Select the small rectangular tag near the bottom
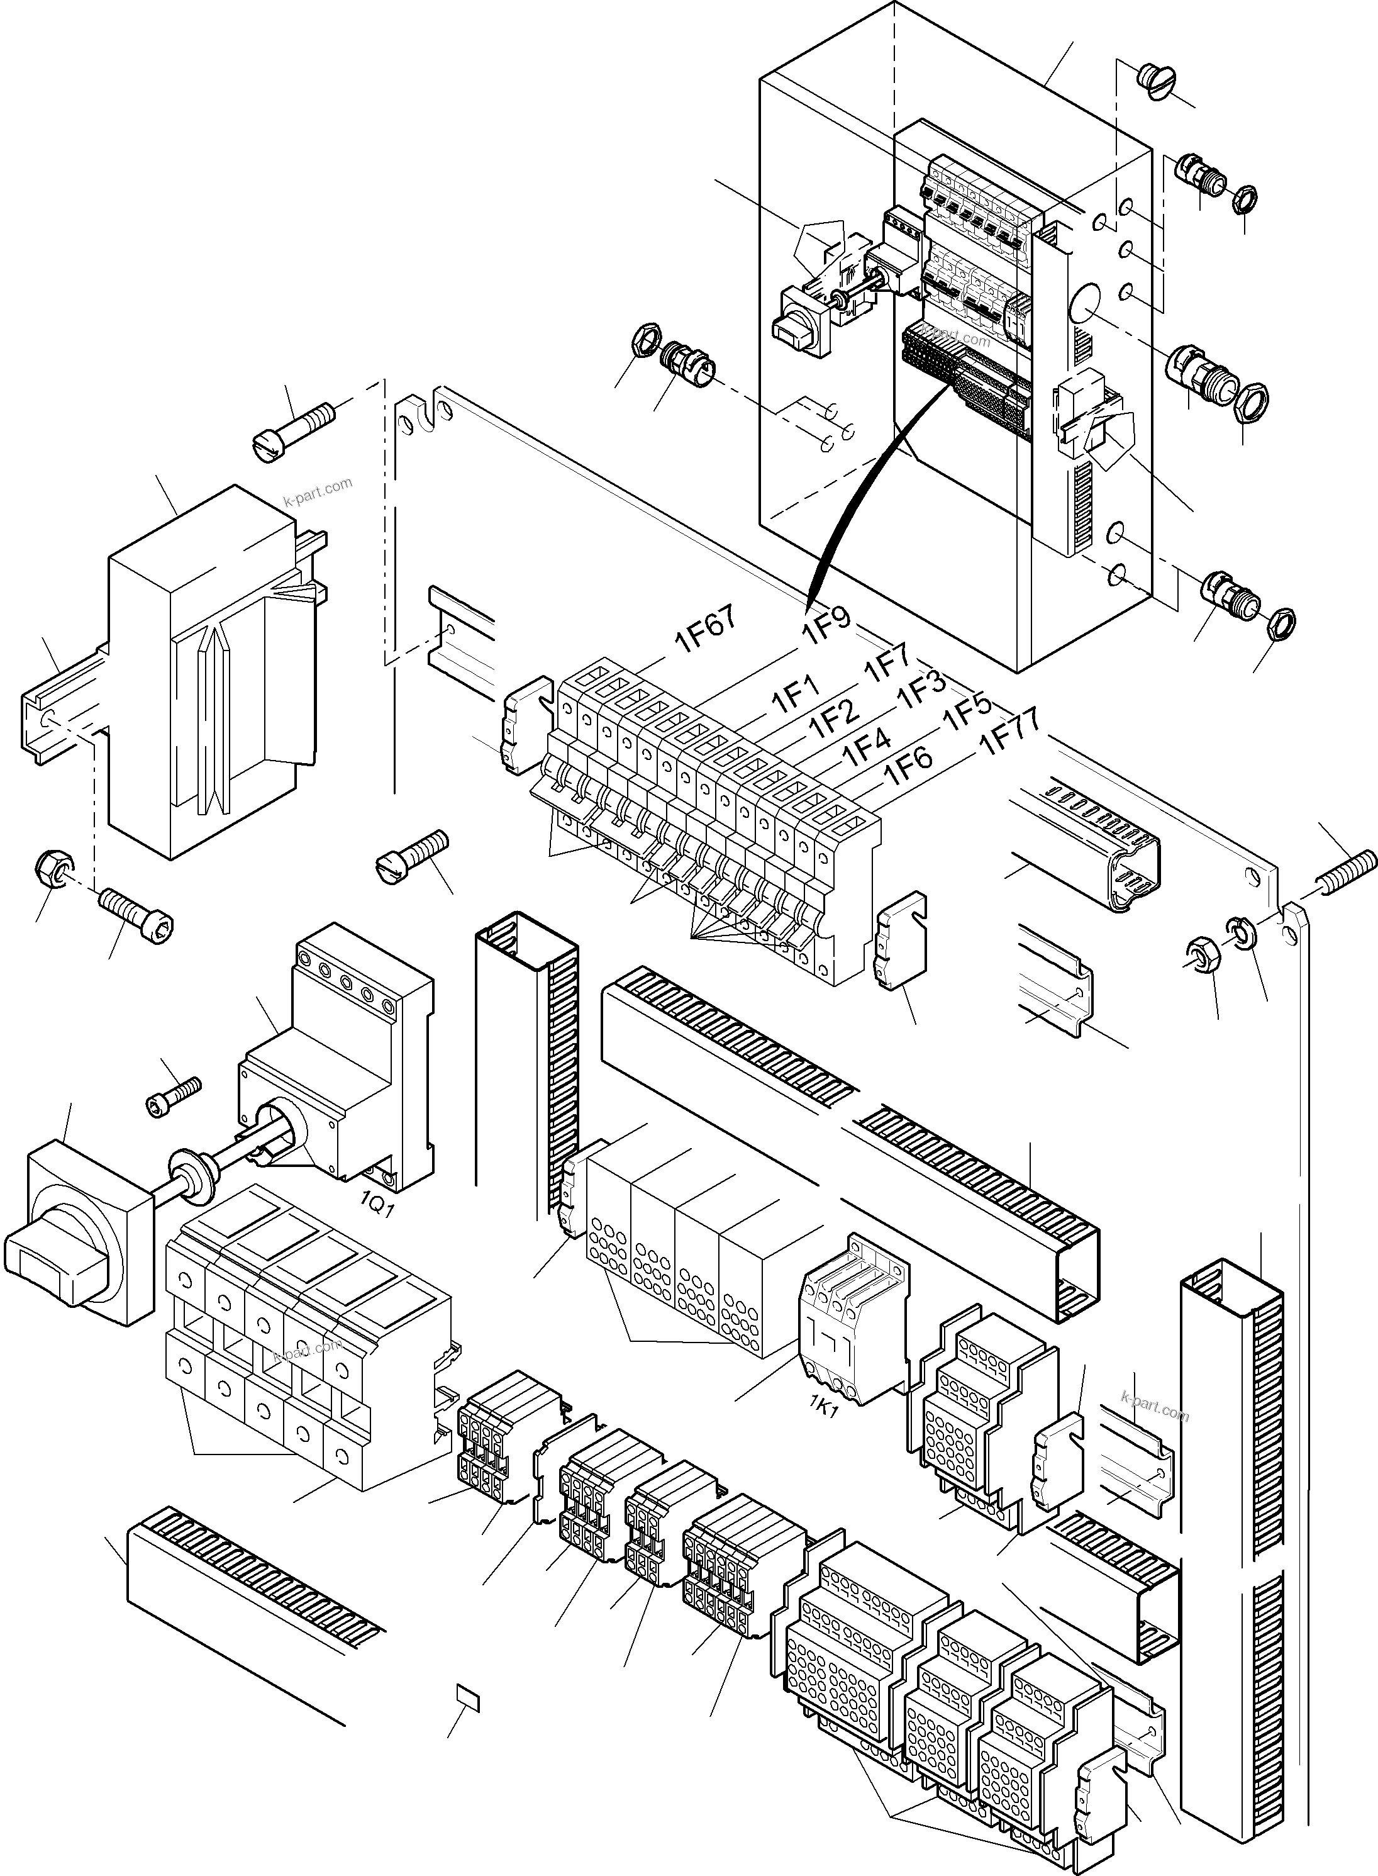pos(468,1697)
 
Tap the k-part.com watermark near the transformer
pos(318,492)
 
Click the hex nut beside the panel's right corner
pos(1202,952)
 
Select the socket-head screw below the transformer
pos(138,912)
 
